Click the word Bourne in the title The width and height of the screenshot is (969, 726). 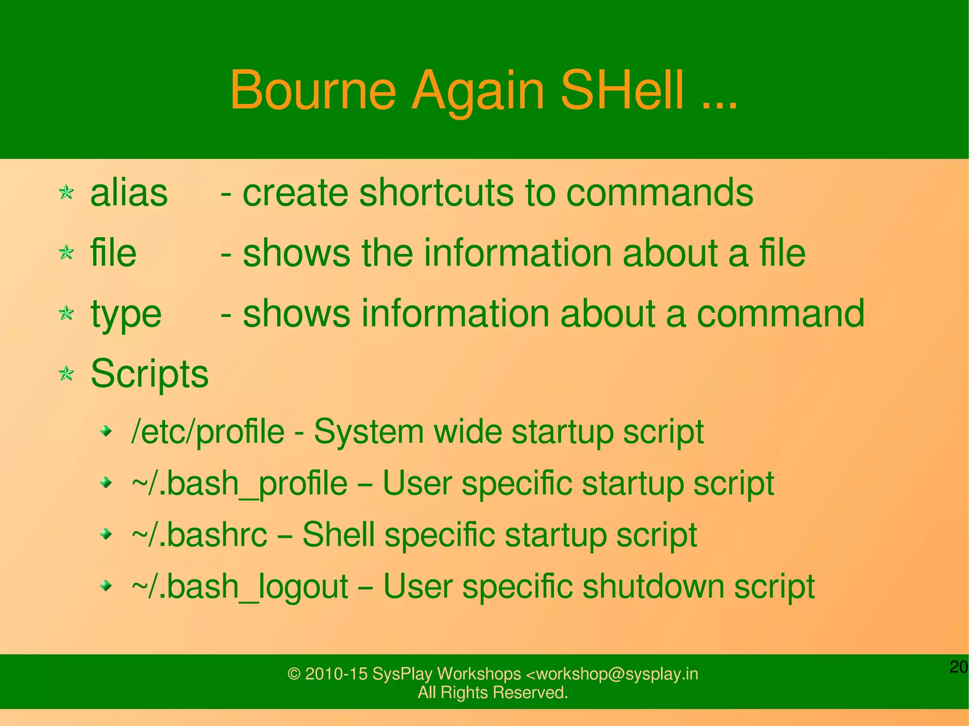click(313, 90)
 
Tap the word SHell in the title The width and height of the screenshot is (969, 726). click(622, 90)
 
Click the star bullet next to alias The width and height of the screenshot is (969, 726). click(67, 192)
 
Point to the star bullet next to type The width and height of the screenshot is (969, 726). click(67, 313)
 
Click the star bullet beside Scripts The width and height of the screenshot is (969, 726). click(67, 374)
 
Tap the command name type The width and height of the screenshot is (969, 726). click(126, 315)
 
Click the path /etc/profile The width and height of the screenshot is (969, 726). click(208, 432)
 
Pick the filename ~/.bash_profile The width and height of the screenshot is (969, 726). click(239, 484)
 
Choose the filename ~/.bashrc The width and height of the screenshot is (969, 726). click(199, 535)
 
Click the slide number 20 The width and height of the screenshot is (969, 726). click(959, 667)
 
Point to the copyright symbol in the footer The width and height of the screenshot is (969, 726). click(294, 674)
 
